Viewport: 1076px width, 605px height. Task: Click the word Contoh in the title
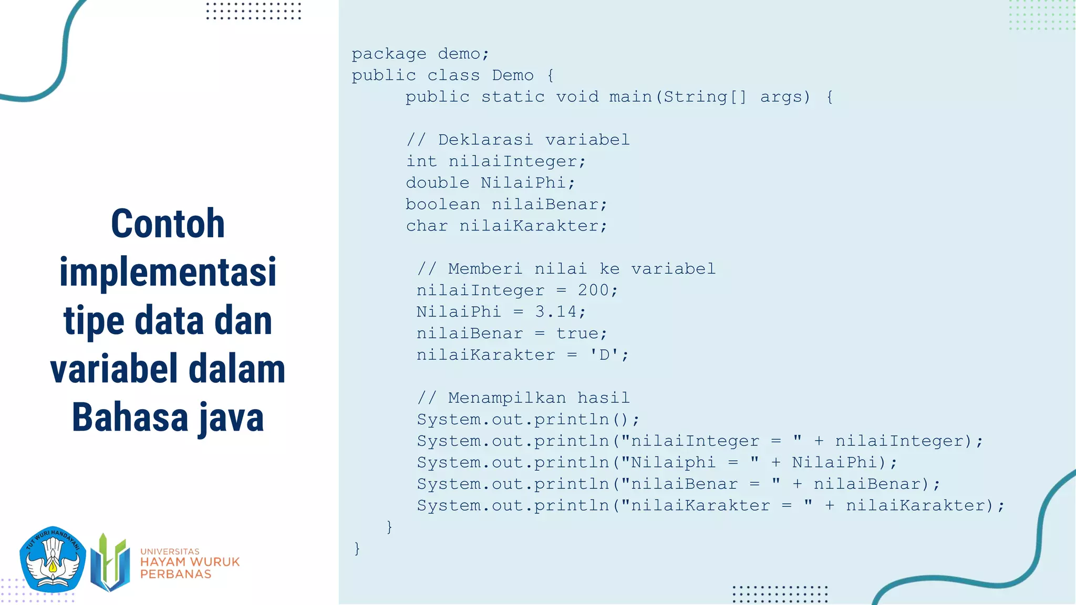[168, 224]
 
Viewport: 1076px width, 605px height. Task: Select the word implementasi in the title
[168, 272]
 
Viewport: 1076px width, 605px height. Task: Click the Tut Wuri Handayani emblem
[53, 559]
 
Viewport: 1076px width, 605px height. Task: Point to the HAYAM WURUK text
[190, 562]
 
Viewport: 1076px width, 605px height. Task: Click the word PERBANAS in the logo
[175, 574]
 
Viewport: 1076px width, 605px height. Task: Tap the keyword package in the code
[389, 54]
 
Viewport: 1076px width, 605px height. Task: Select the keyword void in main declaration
[577, 97]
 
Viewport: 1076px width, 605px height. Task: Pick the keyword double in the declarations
[437, 183]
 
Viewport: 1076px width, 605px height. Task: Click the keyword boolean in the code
[442, 204]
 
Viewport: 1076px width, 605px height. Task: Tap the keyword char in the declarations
[427, 226]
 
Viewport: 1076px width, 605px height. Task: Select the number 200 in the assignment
[593, 290]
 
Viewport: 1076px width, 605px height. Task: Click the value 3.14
[555, 312]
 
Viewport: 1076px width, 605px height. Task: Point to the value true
[577, 333]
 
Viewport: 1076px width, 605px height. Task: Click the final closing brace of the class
[357, 548]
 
